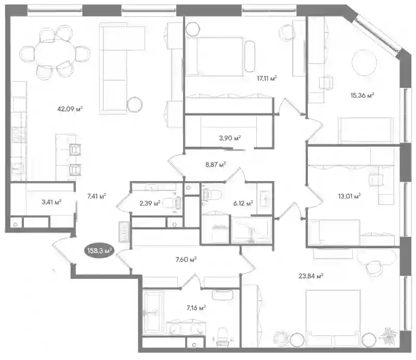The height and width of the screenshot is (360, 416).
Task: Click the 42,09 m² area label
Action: click(x=70, y=109)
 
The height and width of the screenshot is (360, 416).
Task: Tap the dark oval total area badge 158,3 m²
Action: click(x=99, y=251)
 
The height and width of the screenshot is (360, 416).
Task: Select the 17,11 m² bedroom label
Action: click(x=267, y=78)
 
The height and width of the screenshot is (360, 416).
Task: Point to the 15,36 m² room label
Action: click(x=362, y=95)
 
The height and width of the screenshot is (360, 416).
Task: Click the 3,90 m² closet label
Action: click(x=230, y=138)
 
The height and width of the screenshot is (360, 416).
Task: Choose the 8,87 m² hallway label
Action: click(x=215, y=164)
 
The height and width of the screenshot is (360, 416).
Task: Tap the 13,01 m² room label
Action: click(x=349, y=197)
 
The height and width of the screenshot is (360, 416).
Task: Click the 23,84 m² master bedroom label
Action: click(x=310, y=276)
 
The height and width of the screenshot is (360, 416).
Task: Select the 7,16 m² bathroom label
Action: click(x=197, y=308)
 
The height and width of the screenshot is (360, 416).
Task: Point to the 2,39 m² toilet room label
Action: click(x=150, y=203)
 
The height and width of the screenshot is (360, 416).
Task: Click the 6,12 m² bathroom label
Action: click(x=243, y=203)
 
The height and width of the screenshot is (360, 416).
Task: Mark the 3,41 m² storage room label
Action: click(x=51, y=202)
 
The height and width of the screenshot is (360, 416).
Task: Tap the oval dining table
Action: click(x=55, y=54)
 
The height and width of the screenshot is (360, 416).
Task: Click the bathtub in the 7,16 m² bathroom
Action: click(x=153, y=313)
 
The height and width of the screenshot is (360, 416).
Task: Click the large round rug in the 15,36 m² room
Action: click(x=365, y=62)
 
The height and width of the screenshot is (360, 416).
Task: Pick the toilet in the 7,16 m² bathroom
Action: click(x=223, y=337)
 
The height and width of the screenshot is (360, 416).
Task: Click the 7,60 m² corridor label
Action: click(x=186, y=260)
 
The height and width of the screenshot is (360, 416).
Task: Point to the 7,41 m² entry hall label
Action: click(x=97, y=196)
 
